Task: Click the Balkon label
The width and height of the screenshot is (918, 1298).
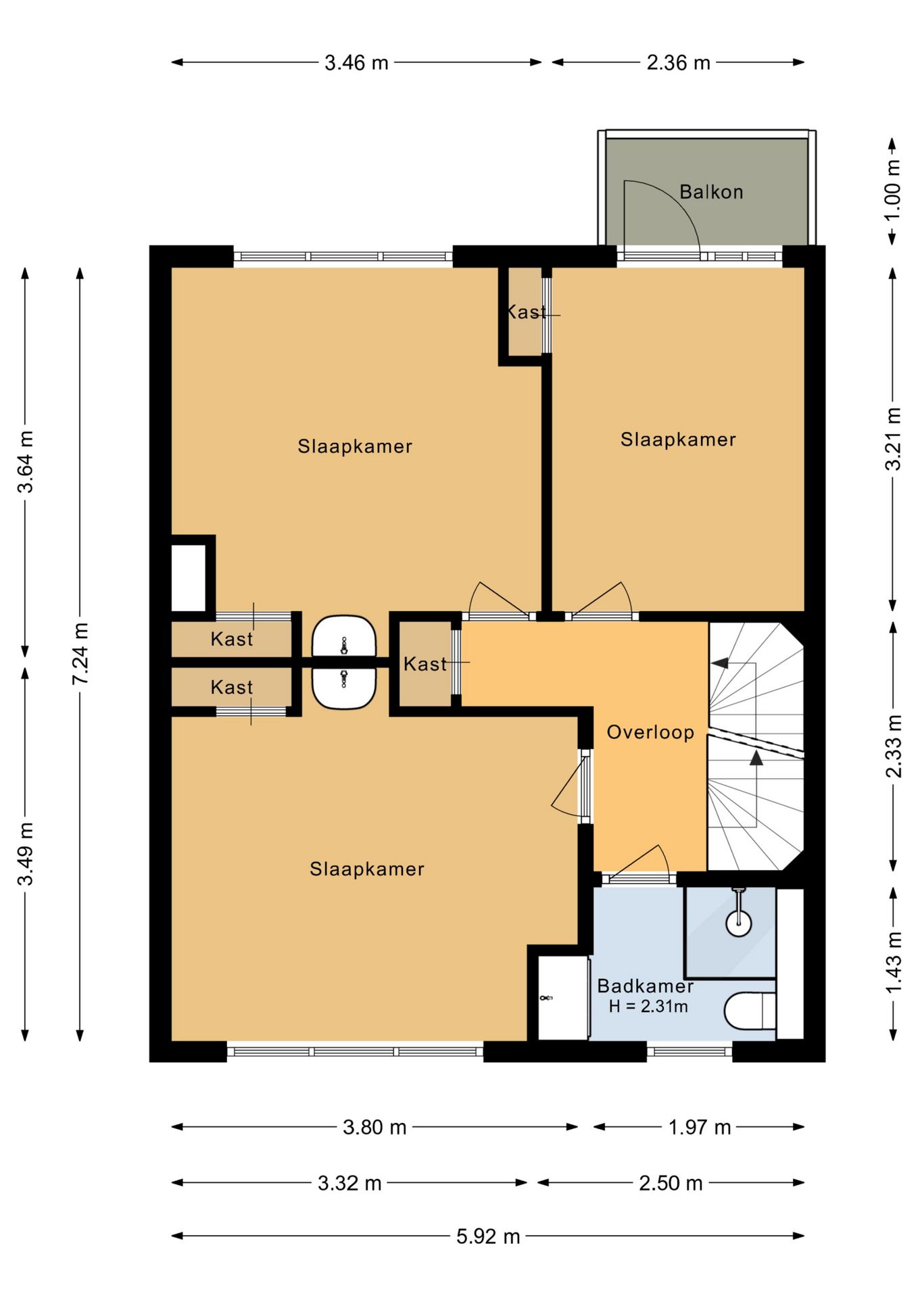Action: coord(711,192)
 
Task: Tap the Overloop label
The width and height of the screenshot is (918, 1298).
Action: coord(650,732)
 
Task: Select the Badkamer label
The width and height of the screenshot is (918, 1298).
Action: coord(646,986)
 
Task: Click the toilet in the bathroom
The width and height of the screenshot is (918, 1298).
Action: coord(750,1011)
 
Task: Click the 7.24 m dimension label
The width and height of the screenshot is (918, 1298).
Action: coord(80,654)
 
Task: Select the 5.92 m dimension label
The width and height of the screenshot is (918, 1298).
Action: coord(488,1236)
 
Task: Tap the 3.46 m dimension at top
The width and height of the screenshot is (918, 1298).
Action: coord(356,63)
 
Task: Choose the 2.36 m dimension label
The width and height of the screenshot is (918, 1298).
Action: coord(678,63)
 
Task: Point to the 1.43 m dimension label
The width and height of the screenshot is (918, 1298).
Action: coord(893,963)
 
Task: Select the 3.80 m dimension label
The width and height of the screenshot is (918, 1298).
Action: coord(375,1127)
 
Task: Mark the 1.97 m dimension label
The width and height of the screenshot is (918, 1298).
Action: coord(700,1127)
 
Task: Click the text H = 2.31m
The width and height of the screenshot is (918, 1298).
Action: coord(648,1007)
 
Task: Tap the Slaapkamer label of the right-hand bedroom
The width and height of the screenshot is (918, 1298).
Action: coord(678,439)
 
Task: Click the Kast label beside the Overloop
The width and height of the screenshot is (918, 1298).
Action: coord(425,664)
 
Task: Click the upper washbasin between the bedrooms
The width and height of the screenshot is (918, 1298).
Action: coord(343,636)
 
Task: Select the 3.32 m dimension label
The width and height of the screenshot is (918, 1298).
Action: coord(349,1183)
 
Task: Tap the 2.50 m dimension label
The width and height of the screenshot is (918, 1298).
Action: coord(671,1183)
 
